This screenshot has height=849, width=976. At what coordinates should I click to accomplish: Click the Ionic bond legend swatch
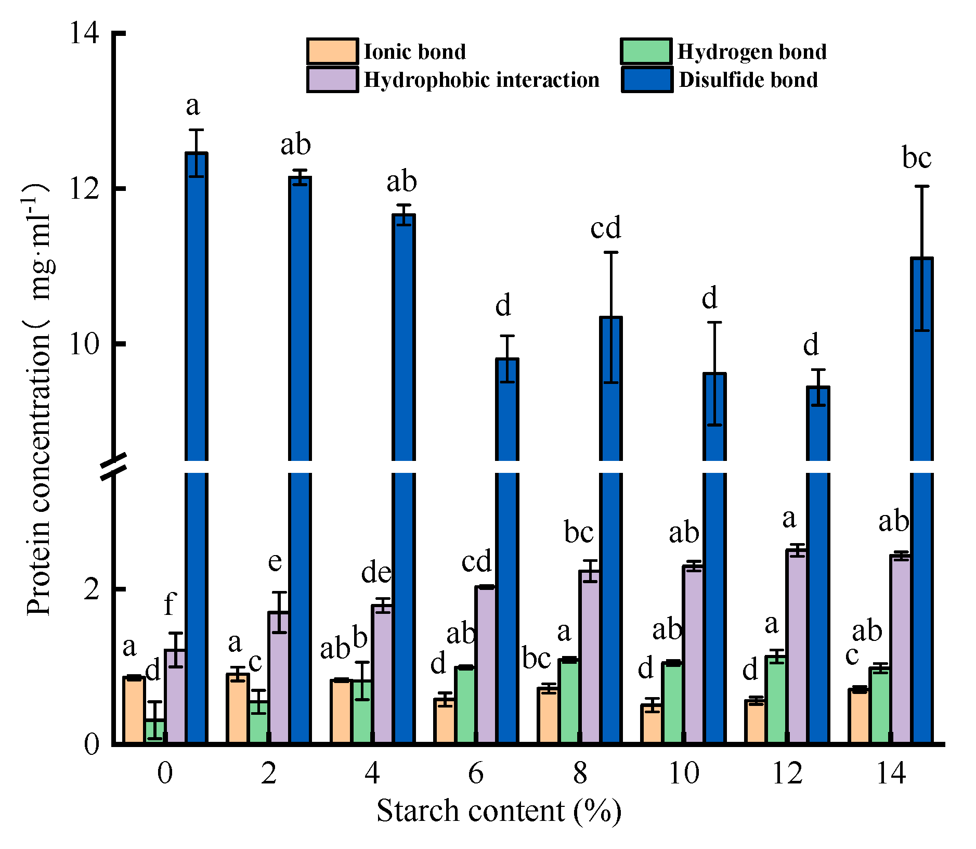pyautogui.click(x=332, y=52)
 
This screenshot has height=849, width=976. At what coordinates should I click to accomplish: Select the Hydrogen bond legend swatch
pyautogui.click(x=646, y=52)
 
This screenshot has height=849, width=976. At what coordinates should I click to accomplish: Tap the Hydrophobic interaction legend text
pyautogui.click(x=481, y=80)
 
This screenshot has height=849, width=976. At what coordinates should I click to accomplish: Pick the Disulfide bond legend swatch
pyautogui.click(x=647, y=80)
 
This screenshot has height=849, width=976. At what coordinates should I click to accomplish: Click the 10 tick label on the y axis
pyautogui.click(x=83, y=344)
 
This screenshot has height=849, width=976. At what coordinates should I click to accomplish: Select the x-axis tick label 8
pyautogui.click(x=580, y=774)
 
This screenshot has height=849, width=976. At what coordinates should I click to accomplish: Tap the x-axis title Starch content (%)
pyautogui.click(x=498, y=811)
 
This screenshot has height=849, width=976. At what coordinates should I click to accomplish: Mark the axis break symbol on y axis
pyautogui.click(x=113, y=467)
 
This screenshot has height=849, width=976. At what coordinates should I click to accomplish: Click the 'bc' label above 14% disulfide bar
pyautogui.click(x=916, y=158)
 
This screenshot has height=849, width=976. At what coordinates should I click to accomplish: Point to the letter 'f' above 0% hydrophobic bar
pyautogui.click(x=170, y=604)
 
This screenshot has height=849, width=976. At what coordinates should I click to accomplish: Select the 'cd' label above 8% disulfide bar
pyautogui.click(x=606, y=228)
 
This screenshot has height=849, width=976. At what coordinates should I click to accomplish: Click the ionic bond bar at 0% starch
pyautogui.click(x=134, y=710)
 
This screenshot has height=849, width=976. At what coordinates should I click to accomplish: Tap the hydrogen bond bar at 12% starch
pyautogui.click(x=776, y=700)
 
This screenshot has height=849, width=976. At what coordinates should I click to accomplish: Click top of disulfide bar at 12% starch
pyautogui.click(x=818, y=388)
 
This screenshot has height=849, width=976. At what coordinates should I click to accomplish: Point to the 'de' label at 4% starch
pyautogui.click(x=376, y=573)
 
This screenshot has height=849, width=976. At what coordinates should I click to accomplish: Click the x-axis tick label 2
pyautogui.click(x=268, y=774)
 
